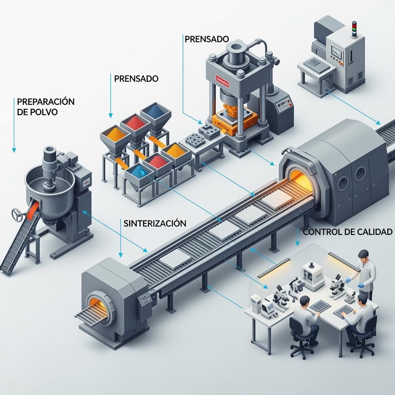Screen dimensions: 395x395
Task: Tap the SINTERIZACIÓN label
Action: [155, 223]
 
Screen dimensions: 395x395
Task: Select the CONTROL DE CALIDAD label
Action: [348, 232]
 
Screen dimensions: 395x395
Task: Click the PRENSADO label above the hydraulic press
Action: [207, 39]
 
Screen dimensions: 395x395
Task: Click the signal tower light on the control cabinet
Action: [354, 29]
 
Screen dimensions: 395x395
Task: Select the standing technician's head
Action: [363, 255]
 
